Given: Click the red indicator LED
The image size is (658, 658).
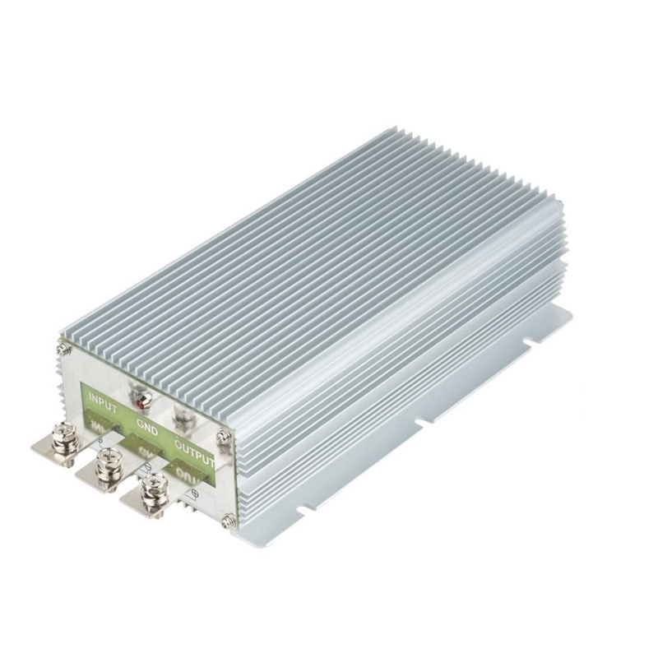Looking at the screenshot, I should click(144, 405).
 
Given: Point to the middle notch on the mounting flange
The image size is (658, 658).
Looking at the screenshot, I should click(421, 422).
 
